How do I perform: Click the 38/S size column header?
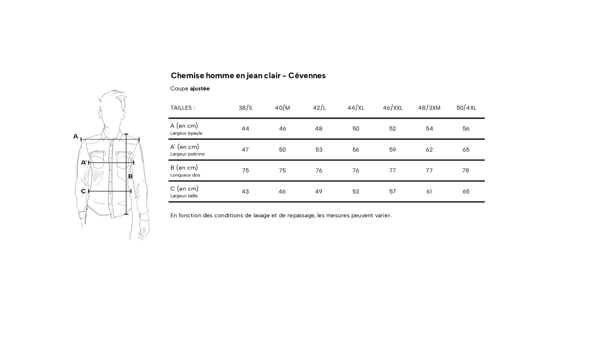[245, 108]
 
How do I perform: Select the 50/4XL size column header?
[466, 108]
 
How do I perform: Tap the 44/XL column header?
[356, 108]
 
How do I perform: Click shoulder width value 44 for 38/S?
[245, 129]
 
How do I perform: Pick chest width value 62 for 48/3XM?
[429, 150]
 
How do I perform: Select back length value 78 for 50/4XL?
[465, 170]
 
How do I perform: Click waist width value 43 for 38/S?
[245, 192]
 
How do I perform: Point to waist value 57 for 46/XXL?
[393, 192]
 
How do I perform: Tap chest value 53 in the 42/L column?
[319, 150]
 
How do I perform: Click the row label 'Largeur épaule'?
[186, 133]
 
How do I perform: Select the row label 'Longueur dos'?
[185, 175]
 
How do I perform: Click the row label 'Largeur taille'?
[184, 196]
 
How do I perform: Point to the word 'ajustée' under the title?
[200, 88]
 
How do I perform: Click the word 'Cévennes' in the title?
[307, 75]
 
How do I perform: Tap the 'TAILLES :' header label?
[183, 108]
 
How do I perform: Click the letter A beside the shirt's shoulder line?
[75, 137]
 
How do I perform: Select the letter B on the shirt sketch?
[130, 177]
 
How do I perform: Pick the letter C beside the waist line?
[83, 191]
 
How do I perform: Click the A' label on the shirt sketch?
[84, 163]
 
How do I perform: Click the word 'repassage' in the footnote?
[301, 215]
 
